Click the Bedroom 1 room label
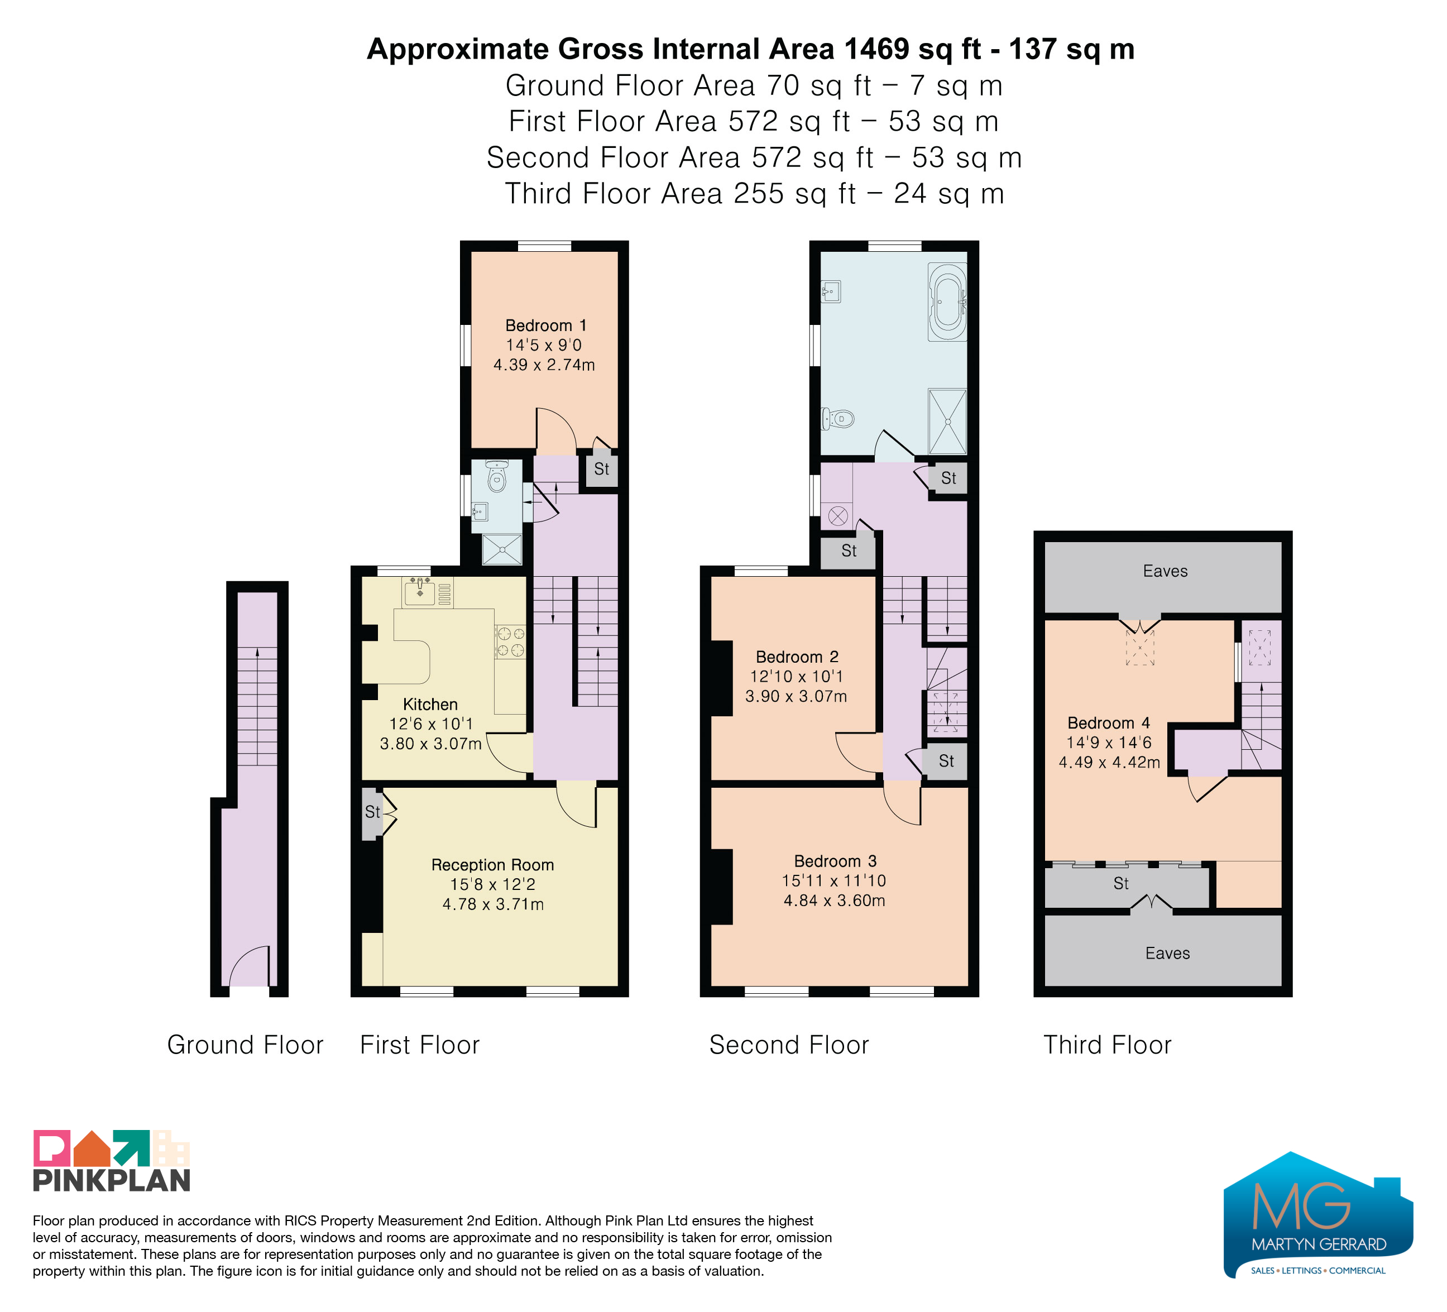point(545,325)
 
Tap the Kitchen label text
point(430,704)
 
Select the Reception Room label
point(492,865)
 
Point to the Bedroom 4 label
point(1108,723)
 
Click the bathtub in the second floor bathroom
point(947,301)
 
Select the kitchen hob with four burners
point(510,641)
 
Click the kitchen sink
point(420,592)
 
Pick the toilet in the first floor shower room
point(496,476)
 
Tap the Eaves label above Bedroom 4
point(1165,571)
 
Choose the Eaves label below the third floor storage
point(1168,953)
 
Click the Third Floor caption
point(1108,1045)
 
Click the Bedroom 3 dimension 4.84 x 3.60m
point(834,901)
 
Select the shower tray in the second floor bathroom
point(947,422)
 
